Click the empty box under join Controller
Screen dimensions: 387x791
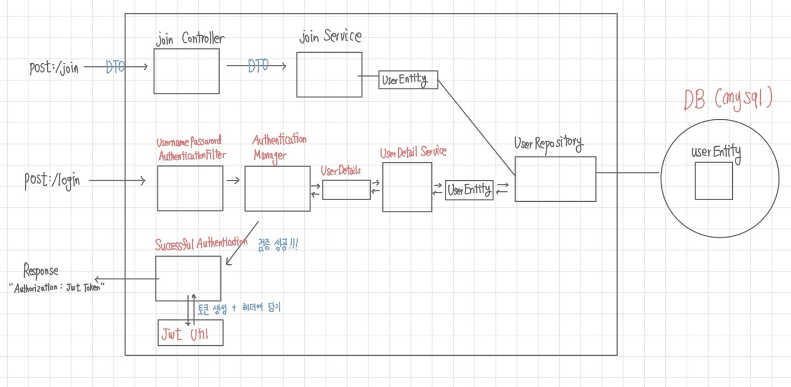[x=186, y=71]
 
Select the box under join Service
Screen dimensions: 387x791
[x=329, y=75]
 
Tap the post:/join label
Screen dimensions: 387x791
[x=54, y=68]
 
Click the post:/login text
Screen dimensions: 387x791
[x=52, y=180]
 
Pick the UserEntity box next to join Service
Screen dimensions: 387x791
[x=408, y=80]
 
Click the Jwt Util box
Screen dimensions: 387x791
[x=190, y=333]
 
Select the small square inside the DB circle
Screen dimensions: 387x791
[x=714, y=180]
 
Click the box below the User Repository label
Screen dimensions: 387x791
[x=555, y=179]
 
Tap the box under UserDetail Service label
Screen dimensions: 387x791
[x=407, y=187]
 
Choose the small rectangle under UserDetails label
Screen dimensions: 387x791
[x=346, y=190]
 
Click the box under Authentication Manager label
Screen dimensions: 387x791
[x=277, y=189]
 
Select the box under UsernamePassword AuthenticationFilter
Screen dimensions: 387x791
[x=190, y=188]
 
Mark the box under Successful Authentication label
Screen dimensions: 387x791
[x=188, y=278]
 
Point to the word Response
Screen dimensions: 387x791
[x=41, y=270]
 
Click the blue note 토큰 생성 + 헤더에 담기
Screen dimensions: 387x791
[x=239, y=308]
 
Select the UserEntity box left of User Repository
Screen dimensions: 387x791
[x=469, y=190]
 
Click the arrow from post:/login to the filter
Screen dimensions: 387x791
[x=117, y=180]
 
